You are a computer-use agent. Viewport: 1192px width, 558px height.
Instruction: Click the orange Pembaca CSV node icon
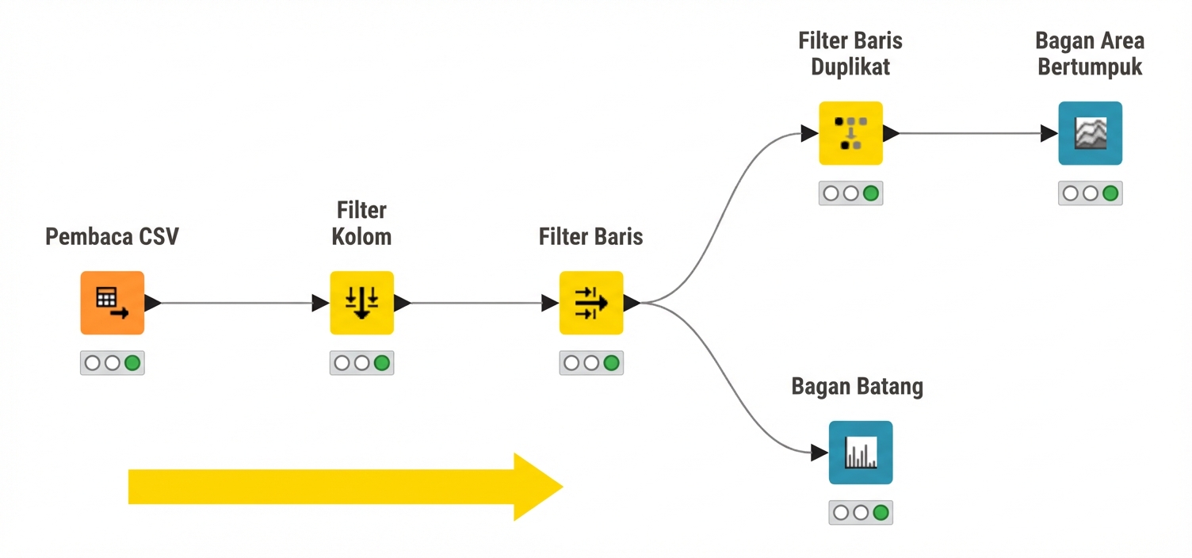click(x=113, y=303)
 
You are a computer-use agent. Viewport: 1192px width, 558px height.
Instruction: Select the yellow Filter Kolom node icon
click(x=362, y=303)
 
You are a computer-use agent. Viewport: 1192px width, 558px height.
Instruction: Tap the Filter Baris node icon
click(x=591, y=303)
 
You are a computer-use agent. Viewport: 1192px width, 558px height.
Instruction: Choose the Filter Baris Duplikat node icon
click(x=851, y=133)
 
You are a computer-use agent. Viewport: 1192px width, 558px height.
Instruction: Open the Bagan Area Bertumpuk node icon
click(x=1091, y=133)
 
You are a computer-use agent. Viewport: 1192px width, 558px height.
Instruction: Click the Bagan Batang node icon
click(x=861, y=453)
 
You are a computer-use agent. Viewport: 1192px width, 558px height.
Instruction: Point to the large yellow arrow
click(x=346, y=487)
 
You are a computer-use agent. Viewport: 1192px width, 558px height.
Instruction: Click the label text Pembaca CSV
click(x=112, y=237)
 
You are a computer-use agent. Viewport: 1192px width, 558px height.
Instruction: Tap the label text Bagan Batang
click(x=858, y=387)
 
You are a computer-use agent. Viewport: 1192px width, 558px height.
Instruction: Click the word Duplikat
click(x=850, y=67)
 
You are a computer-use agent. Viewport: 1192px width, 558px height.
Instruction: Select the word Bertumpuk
click(x=1090, y=67)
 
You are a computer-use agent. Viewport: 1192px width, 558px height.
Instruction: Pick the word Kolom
click(x=361, y=237)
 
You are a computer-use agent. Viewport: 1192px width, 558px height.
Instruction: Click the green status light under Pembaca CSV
click(x=132, y=363)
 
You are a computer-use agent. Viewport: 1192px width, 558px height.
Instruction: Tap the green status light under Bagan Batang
click(x=881, y=513)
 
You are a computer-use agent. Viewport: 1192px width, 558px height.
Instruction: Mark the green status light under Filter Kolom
click(x=382, y=363)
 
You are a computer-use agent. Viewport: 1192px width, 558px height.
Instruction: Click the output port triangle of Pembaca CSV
click(x=153, y=303)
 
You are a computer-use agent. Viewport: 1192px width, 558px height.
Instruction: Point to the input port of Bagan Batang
click(x=819, y=453)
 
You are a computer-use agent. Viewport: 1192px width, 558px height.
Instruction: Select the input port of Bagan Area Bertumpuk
click(x=1049, y=133)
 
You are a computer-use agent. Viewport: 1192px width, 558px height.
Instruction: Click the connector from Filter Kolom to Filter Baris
click(x=477, y=304)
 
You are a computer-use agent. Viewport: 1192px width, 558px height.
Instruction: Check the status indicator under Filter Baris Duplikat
click(x=851, y=193)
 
